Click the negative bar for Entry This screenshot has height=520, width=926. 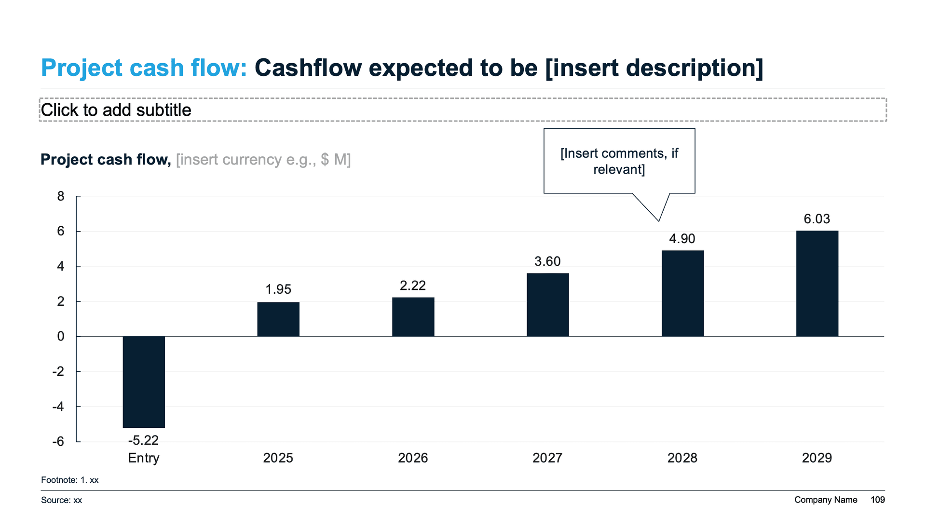click(144, 382)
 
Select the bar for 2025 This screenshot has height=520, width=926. click(278, 319)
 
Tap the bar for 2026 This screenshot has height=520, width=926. click(413, 316)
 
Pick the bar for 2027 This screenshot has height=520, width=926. click(547, 304)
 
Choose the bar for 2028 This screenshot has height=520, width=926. click(682, 293)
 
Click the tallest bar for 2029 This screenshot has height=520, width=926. click(817, 283)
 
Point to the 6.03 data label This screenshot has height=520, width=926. click(817, 219)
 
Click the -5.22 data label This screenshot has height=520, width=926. click(143, 440)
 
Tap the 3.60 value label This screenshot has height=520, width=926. click(547, 261)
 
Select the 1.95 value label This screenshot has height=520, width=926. click(278, 289)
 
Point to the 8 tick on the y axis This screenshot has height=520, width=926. click(61, 196)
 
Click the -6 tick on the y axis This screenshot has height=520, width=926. click(58, 441)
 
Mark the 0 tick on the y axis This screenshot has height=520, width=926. click(61, 336)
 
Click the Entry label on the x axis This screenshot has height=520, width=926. click(143, 458)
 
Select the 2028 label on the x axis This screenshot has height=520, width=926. click(682, 458)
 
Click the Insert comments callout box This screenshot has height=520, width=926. click(619, 161)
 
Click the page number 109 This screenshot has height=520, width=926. click(877, 500)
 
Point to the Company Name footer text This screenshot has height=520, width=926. click(826, 500)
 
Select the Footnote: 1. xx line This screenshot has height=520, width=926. click(70, 480)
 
